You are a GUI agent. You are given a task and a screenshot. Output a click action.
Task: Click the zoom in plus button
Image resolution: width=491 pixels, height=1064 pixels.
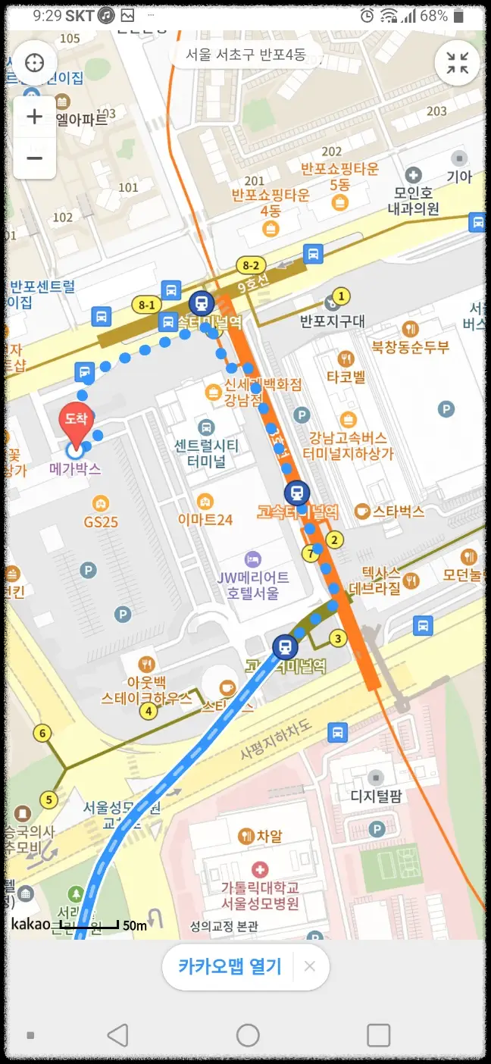34,117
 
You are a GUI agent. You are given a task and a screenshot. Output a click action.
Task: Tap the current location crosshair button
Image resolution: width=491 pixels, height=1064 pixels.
34,63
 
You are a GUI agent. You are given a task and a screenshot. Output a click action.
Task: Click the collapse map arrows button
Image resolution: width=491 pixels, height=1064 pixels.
457,64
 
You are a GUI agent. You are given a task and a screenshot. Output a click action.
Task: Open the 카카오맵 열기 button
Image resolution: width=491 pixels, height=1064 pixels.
230,966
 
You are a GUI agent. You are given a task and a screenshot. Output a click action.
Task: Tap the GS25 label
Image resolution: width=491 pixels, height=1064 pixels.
101,521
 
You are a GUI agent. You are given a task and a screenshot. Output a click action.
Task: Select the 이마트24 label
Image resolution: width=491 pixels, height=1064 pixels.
205,519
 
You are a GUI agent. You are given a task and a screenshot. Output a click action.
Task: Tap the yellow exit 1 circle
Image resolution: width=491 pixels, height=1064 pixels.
341,296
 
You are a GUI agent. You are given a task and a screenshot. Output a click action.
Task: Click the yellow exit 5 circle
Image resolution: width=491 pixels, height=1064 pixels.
49,800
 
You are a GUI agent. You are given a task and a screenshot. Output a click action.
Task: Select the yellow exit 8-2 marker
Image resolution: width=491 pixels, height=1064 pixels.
251,265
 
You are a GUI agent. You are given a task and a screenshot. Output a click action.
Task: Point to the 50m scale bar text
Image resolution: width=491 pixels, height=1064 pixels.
134,925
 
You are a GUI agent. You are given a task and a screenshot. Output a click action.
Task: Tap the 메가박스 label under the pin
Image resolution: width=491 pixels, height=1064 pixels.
75,469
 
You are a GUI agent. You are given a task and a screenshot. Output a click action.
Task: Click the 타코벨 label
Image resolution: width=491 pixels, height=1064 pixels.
346,376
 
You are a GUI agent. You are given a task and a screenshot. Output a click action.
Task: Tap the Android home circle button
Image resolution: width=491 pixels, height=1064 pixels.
248,1034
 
